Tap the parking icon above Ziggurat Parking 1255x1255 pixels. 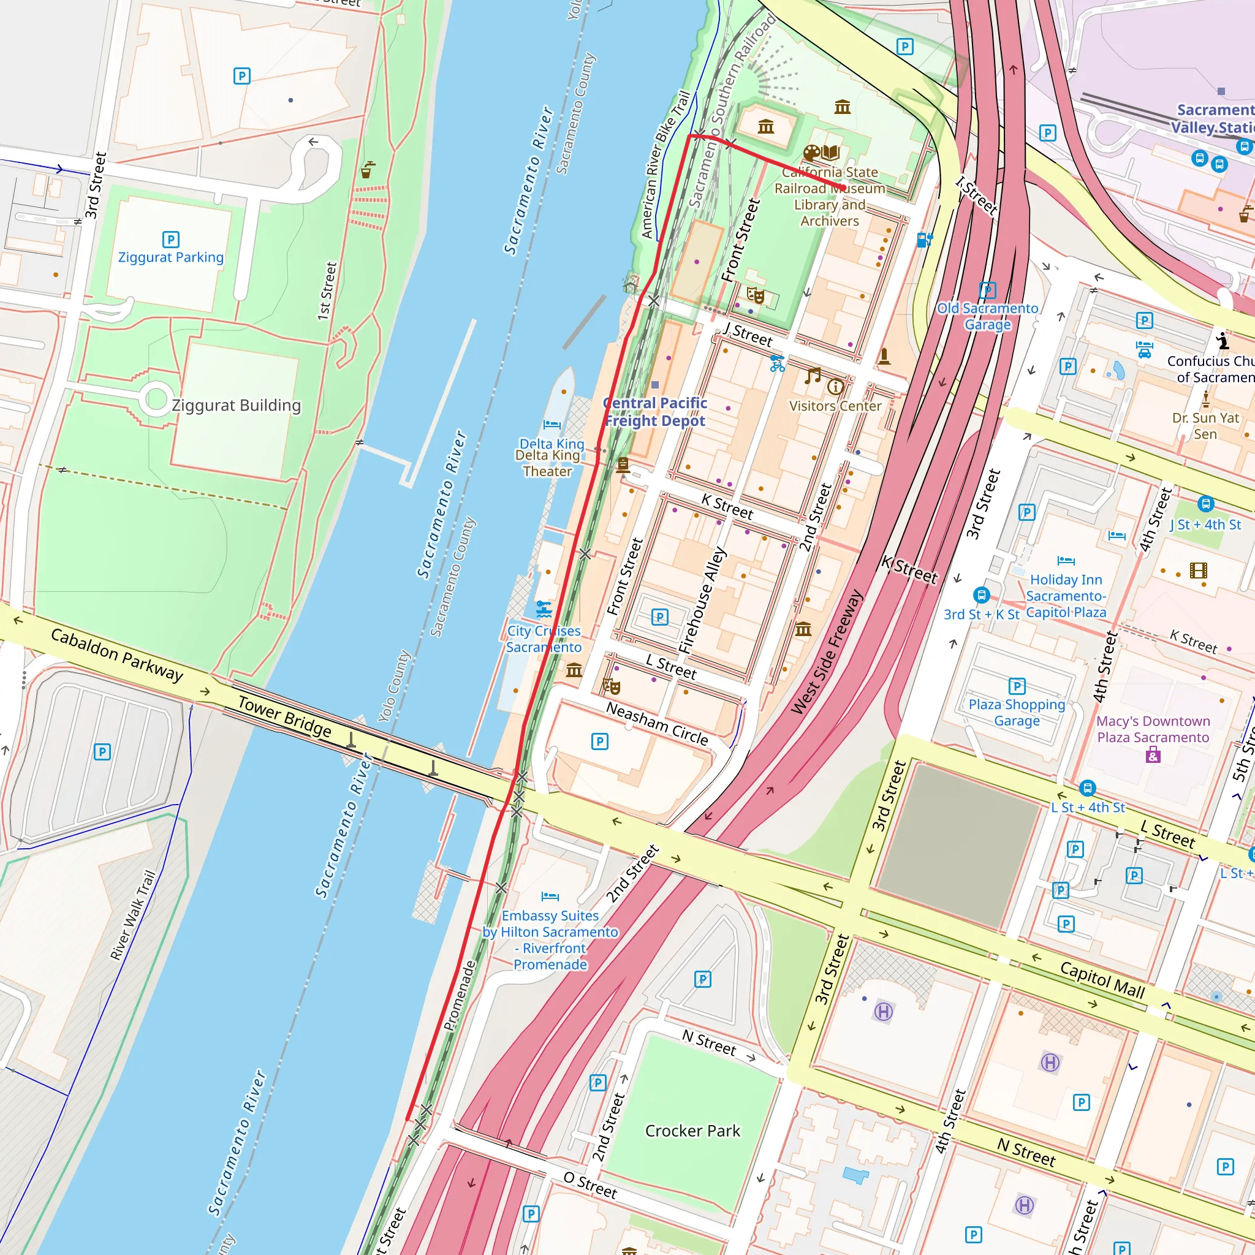[170, 240]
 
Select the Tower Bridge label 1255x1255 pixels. [284, 716]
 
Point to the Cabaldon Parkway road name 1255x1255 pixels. [117, 654]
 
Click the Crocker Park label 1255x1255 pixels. [692, 1131]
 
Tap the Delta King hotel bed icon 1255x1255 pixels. [552, 425]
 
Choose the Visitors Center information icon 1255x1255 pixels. [835, 387]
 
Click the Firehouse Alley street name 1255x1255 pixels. [702, 600]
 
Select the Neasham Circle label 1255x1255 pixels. [657, 724]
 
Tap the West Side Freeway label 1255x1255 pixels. [827, 652]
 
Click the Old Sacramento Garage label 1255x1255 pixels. [987, 316]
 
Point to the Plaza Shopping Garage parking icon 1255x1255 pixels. [1017, 686]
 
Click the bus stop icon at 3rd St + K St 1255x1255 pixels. [981, 594]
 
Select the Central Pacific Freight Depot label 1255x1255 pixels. [655, 412]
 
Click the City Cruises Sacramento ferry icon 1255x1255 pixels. [544, 609]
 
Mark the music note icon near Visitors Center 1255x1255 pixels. [813, 376]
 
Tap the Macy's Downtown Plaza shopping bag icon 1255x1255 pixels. [1153, 755]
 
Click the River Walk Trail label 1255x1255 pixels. [133, 916]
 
